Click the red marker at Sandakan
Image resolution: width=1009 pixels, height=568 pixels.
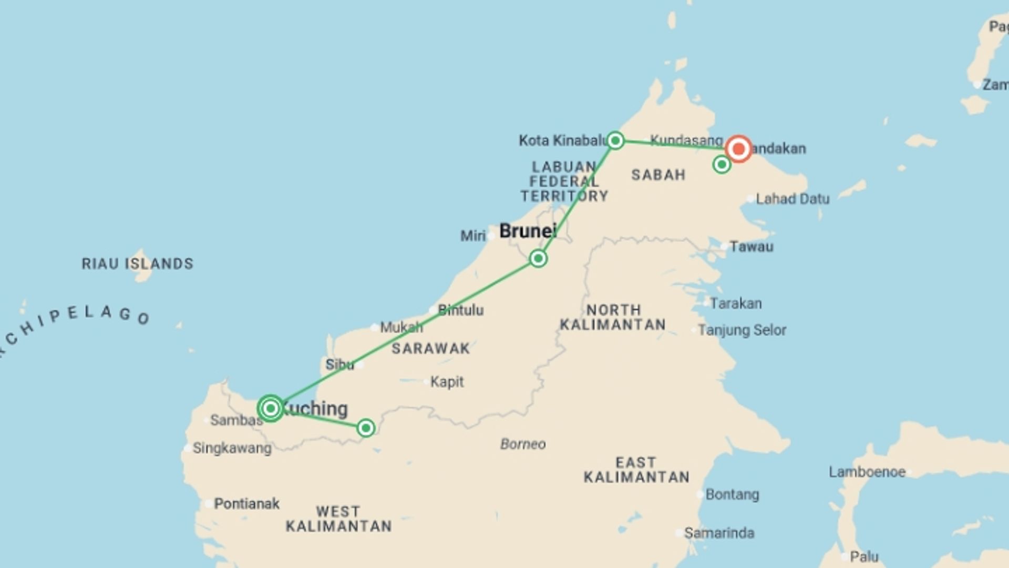tap(738, 149)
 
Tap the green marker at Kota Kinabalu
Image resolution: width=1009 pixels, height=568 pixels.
tap(615, 140)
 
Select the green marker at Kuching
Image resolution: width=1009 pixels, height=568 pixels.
tap(271, 408)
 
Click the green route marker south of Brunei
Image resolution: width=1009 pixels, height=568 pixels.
tap(538, 258)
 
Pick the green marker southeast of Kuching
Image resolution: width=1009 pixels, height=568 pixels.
tap(366, 428)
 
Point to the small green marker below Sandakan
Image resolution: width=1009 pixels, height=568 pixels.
tap(722, 165)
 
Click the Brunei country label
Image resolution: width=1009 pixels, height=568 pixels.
tap(528, 231)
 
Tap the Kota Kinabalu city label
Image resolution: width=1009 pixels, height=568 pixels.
tap(563, 140)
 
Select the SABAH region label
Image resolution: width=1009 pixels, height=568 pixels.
tap(658, 175)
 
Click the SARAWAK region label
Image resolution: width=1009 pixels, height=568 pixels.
tap(431, 348)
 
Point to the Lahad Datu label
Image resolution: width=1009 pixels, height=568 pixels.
tap(792, 199)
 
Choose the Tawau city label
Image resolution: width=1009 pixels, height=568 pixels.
tap(751, 247)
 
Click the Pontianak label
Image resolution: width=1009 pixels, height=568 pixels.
tap(246, 504)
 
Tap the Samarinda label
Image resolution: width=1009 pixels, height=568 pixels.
tap(719, 533)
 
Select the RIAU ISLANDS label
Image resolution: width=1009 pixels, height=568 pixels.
tap(138, 263)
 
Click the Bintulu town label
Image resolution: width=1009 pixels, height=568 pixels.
tap(460, 310)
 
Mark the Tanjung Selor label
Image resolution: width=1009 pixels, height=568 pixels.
tap(742, 330)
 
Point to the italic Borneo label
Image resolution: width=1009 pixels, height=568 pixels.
tap(523, 444)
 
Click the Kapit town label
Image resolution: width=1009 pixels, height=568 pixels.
tap(447, 382)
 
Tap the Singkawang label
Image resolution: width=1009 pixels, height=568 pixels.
tap(232, 448)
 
